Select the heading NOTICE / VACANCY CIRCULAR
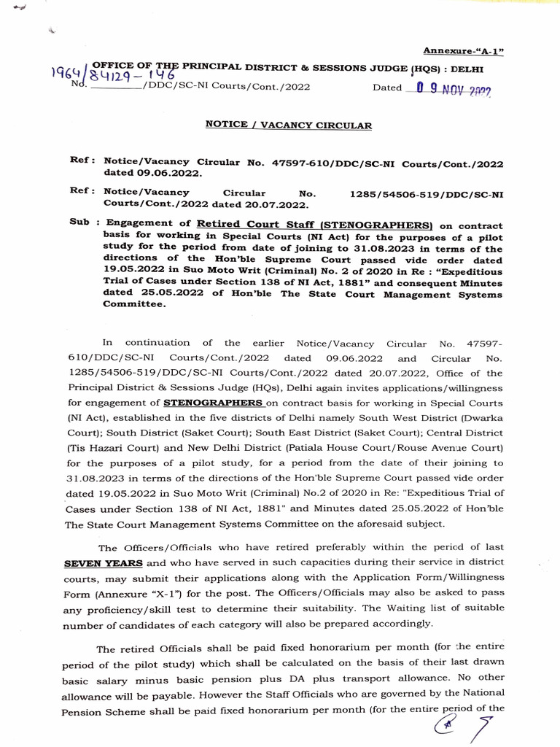[288, 125]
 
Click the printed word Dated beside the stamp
[387, 88]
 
